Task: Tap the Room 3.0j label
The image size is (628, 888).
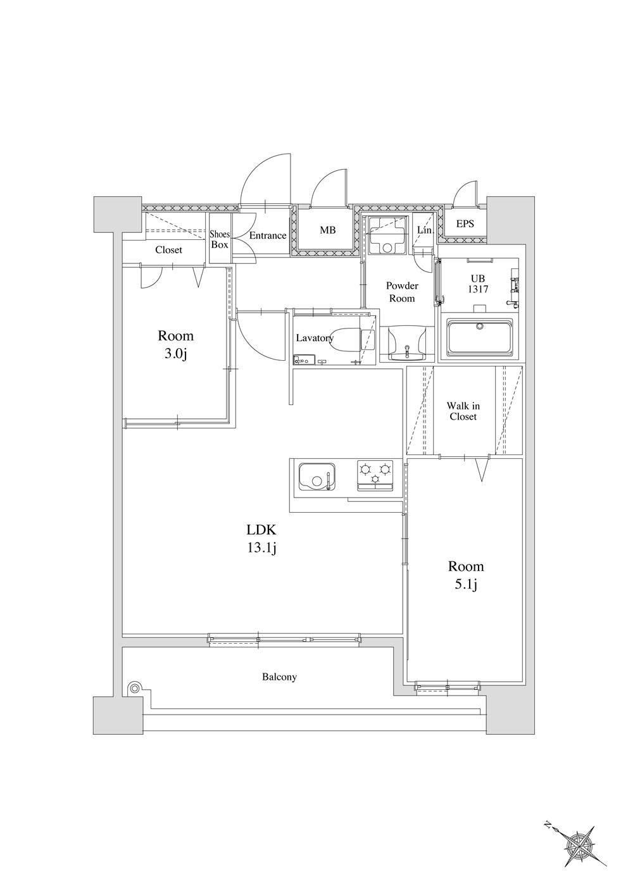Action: coord(175,345)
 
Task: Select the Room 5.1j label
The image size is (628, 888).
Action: coord(466,575)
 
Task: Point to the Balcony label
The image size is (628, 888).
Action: coord(279,677)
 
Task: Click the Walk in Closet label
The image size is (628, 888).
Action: coord(463,411)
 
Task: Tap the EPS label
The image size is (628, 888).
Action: coord(465,224)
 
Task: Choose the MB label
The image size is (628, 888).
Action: coord(327,230)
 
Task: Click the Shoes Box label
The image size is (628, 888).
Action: coord(219,240)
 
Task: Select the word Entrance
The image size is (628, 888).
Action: coord(268,235)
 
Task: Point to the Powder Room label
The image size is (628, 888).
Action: coord(402,292)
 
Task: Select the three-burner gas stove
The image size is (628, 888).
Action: coord(375,475)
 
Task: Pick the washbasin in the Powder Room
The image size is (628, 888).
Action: coord(407,343)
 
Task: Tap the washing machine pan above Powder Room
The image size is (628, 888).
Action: coord(386,235)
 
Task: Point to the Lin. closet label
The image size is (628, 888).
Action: coord(425,230)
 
